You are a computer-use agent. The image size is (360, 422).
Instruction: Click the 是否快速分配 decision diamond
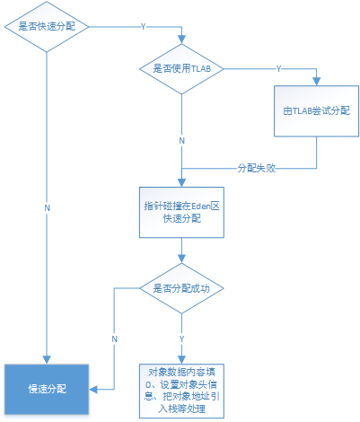click(x=47, y=27)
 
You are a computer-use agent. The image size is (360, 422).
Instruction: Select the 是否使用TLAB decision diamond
click(x=181, y=69)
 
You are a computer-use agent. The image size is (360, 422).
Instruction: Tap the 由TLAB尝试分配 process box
click(x=317, y=111)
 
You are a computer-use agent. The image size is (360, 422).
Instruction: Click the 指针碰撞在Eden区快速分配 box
click(x=181, y=213)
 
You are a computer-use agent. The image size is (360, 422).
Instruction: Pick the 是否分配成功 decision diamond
click(x=181, y=288)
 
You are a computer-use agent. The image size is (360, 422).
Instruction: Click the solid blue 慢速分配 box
click(x=47, y=390)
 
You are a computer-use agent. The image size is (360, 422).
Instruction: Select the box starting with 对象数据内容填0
click(x=181, y=391)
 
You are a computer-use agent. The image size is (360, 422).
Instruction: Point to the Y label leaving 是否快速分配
click(x=143, y=27)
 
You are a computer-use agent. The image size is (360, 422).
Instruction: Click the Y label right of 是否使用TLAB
click(x=278, y=69)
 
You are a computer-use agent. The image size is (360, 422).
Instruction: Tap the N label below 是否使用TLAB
click(x=181, y=141)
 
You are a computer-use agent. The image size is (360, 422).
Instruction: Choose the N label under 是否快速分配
click(x=47, y=208)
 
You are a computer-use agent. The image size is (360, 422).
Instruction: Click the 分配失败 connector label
click(x=257, y=168)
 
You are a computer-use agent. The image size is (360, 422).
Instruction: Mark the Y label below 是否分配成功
click(x=181, y=339)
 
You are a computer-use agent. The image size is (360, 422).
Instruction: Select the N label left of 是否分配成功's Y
click(x=114, y=339)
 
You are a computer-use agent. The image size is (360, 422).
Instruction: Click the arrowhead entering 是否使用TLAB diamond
click(x=181, y=40)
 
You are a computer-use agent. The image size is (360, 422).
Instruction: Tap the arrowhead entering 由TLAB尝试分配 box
click(x=317, y=82)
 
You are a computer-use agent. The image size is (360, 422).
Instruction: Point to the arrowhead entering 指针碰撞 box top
click(x=181, y=183)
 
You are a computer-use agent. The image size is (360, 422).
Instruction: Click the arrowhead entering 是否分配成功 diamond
click(x=181, y=259)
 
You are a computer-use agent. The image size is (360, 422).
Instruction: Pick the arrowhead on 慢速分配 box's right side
click(x=93, y=390)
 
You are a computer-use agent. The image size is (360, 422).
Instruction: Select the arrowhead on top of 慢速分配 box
click(x=47, y=360)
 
